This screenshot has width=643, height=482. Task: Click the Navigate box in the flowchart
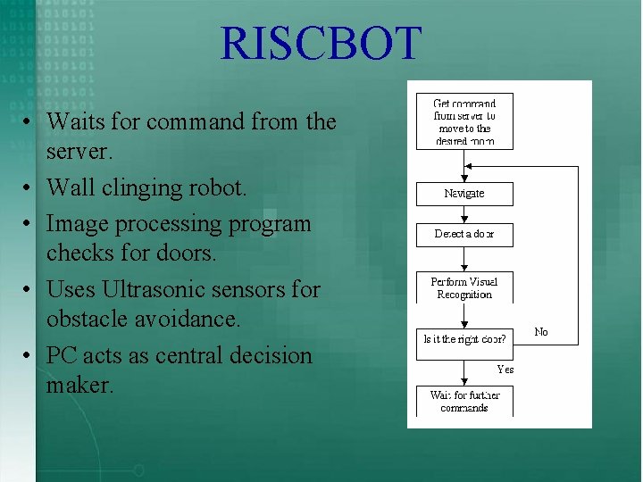[x=464, y=194]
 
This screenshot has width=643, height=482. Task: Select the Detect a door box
[x=464, y=234]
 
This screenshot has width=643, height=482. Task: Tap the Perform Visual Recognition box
[x=464, y=287]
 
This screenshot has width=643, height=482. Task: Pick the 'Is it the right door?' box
[x=464, y=338]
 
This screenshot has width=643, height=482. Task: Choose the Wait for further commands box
[x=464, y=401]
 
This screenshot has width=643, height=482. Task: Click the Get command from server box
[x=464, y=121]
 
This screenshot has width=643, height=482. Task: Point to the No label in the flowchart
[x=541, y=332]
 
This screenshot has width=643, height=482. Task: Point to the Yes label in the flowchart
[x=505, y=369]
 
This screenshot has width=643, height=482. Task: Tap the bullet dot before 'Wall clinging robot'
[x=29, y=189]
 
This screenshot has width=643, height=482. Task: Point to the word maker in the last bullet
[x=79, y=386]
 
